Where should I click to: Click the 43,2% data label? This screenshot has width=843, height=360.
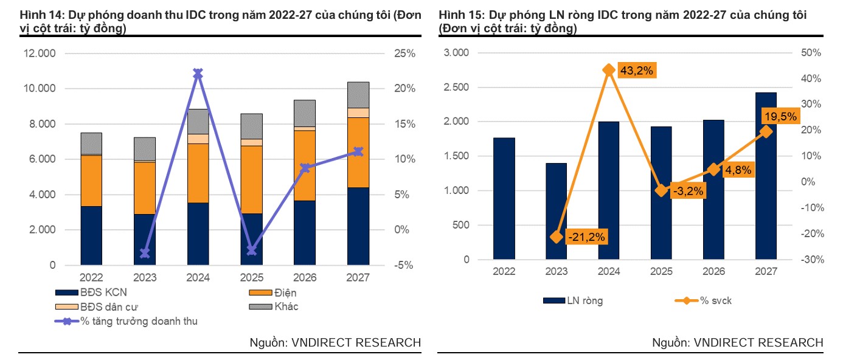tap(636, 71)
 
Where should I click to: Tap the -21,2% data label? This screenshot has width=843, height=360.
tap(586, 237)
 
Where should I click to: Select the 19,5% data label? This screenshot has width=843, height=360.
tap(780, 117)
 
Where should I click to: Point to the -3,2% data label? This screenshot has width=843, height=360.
tap(688, 191)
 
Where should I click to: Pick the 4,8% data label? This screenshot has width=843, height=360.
tap(738, 170)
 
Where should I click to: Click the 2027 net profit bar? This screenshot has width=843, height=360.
tap(766, 176)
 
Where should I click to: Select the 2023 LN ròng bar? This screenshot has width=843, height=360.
tap(557, 211)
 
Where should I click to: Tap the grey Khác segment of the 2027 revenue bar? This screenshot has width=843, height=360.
tap(358, 95)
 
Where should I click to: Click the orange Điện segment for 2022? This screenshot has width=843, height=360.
tap(91, 181)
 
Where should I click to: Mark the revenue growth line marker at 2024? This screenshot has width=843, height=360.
tap(198, 74)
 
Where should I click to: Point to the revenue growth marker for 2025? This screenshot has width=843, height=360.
tap(252, 250)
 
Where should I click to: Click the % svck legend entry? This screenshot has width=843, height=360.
tap(703, 300)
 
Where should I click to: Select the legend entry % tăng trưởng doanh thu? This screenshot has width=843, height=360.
tap(126, 321)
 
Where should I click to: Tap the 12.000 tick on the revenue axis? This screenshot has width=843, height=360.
tap(40, 54)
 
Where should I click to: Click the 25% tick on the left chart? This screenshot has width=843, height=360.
tap(405, 54)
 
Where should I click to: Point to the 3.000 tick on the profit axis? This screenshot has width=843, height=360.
tap(456, 53)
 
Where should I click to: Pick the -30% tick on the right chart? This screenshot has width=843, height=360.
tap(813, 260)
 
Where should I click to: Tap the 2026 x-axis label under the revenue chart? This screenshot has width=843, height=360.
tap(305, 278)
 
